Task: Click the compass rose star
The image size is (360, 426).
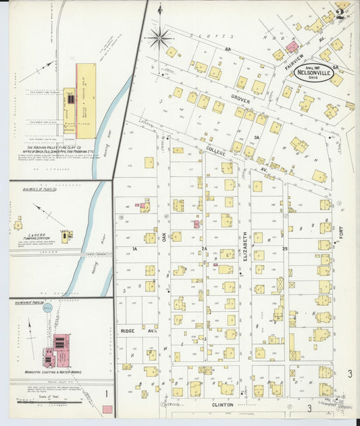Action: pyautogui.click(x=160, y=37)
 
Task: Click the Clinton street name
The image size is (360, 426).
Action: pyautogui.click(x=224, y=404)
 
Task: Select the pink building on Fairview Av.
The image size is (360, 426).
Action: pyautogui.click(x=292, y=47)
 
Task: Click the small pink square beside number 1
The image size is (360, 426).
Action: pyautogui.click(x=107, y=409)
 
